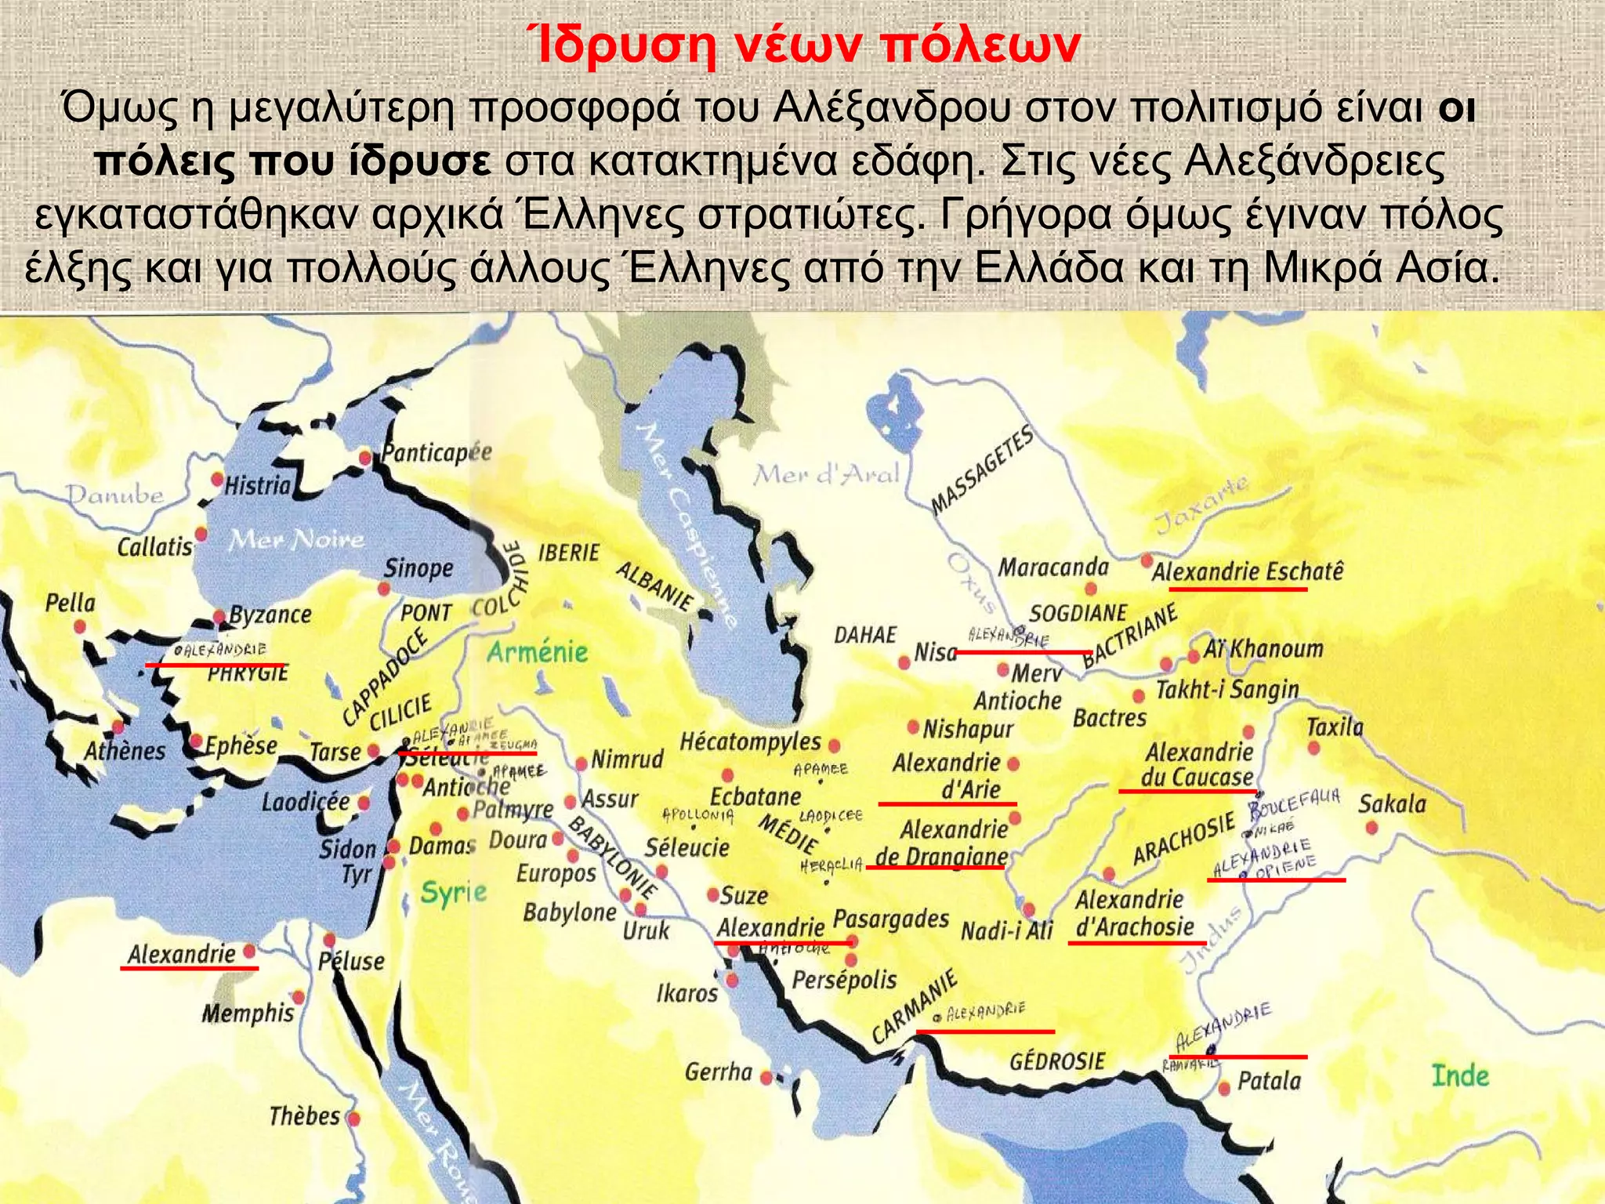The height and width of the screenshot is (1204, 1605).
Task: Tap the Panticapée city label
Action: [437, 452]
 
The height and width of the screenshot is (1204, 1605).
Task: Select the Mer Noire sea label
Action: [296, 539]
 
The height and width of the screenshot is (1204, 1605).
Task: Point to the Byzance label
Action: [270, 615]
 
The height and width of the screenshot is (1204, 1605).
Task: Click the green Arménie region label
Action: [537, 651]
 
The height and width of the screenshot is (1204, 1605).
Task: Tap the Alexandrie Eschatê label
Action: [1247, 571]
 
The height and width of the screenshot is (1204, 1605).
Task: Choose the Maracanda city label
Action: [1052, 567]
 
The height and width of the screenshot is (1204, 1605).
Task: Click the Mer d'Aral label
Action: [826, 474]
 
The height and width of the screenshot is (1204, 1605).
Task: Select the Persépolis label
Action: [844, 980]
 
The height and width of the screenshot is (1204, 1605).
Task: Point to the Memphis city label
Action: [248, 1013]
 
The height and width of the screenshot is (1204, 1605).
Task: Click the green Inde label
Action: [1460, 1075]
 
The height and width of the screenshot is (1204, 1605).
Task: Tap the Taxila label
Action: [1335, 727]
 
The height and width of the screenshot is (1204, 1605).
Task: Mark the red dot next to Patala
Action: [1224, 1089]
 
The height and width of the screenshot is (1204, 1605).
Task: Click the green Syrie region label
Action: [453, 892]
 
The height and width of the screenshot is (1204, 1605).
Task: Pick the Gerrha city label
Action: [718, 1072]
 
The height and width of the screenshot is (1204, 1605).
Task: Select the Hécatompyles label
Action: [750, 741]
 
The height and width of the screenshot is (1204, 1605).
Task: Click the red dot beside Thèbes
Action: [353, 1117]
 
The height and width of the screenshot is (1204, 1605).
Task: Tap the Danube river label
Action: [114, 495]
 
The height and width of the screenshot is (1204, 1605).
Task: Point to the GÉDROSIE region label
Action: [1056, 1061]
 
